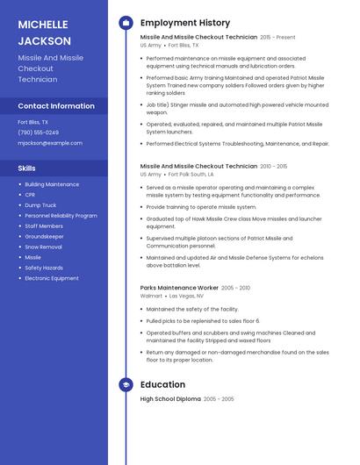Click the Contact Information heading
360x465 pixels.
(x=56, y=106)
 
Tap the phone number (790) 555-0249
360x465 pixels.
(x=39, y=132)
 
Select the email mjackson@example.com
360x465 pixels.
(x=50, y=142)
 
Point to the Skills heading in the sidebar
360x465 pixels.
(x=27, y=167)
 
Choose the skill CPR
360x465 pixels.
(x=30, y=195)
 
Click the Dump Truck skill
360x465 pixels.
(x=40, y=205)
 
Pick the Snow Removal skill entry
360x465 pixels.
(x=44, y=247)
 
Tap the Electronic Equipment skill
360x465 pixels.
(x=52, y=279)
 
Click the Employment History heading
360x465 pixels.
(x=185, y=23)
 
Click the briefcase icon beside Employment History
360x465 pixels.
(x=126, y=23)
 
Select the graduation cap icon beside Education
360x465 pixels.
(x=126, y=384)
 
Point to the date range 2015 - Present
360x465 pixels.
(x=278, y=38)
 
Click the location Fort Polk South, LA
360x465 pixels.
(x=191, y=175)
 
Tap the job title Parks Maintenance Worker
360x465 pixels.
(x=179, y=288)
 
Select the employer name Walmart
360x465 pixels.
(x=151, y=297)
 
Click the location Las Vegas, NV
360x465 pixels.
(x=187, y=297)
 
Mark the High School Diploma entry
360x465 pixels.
(x=170, y=399)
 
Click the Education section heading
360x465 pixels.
(x=162, y=384)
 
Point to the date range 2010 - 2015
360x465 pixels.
(x=274, y=166)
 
